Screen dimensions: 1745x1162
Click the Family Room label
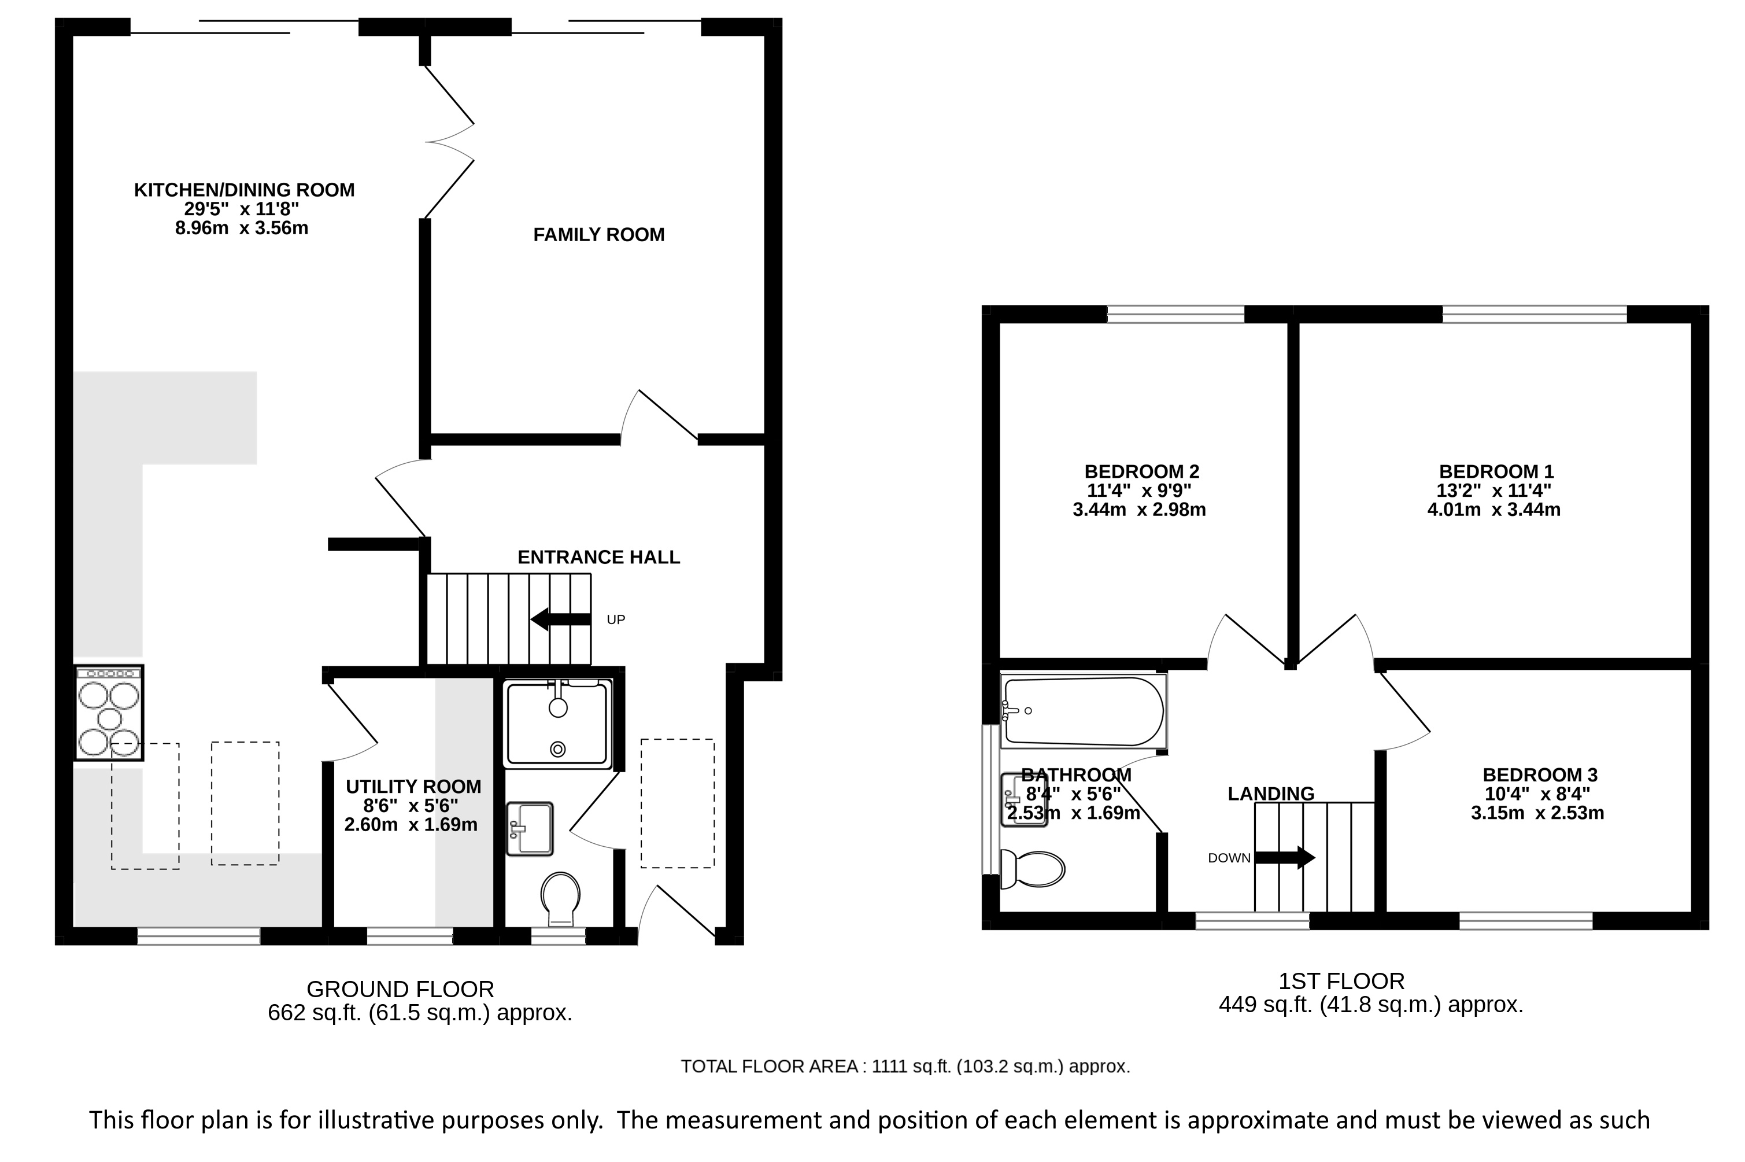click(x=598, y=235)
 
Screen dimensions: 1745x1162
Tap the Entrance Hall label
click(x=598, y=558)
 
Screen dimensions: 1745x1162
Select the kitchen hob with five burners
click(x=109, y=712)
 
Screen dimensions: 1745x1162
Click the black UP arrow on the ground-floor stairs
click(x=561, y=619)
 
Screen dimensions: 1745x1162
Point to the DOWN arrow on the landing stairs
click(x=1284, y=857)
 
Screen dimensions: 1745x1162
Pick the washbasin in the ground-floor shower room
click(x=530, y=829)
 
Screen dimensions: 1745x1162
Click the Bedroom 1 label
click(x=1496, y=471)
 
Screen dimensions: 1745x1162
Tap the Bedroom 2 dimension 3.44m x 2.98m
click(x=1139, y=510)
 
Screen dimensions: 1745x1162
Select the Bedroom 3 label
click(x=1540, y=775)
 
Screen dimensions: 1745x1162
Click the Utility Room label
click(x=413, y=786)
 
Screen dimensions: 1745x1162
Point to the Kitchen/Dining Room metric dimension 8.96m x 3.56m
click(x=242, y=228)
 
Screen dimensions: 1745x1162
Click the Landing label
click(x=1271, y=794)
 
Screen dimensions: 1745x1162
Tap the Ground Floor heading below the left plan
click(x=400, y=988)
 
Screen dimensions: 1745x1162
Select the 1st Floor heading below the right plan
click(x=1341, y=981)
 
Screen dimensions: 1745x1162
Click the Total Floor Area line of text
click(x=905, y=1067)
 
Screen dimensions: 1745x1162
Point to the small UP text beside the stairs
click(x=615, y=619)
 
